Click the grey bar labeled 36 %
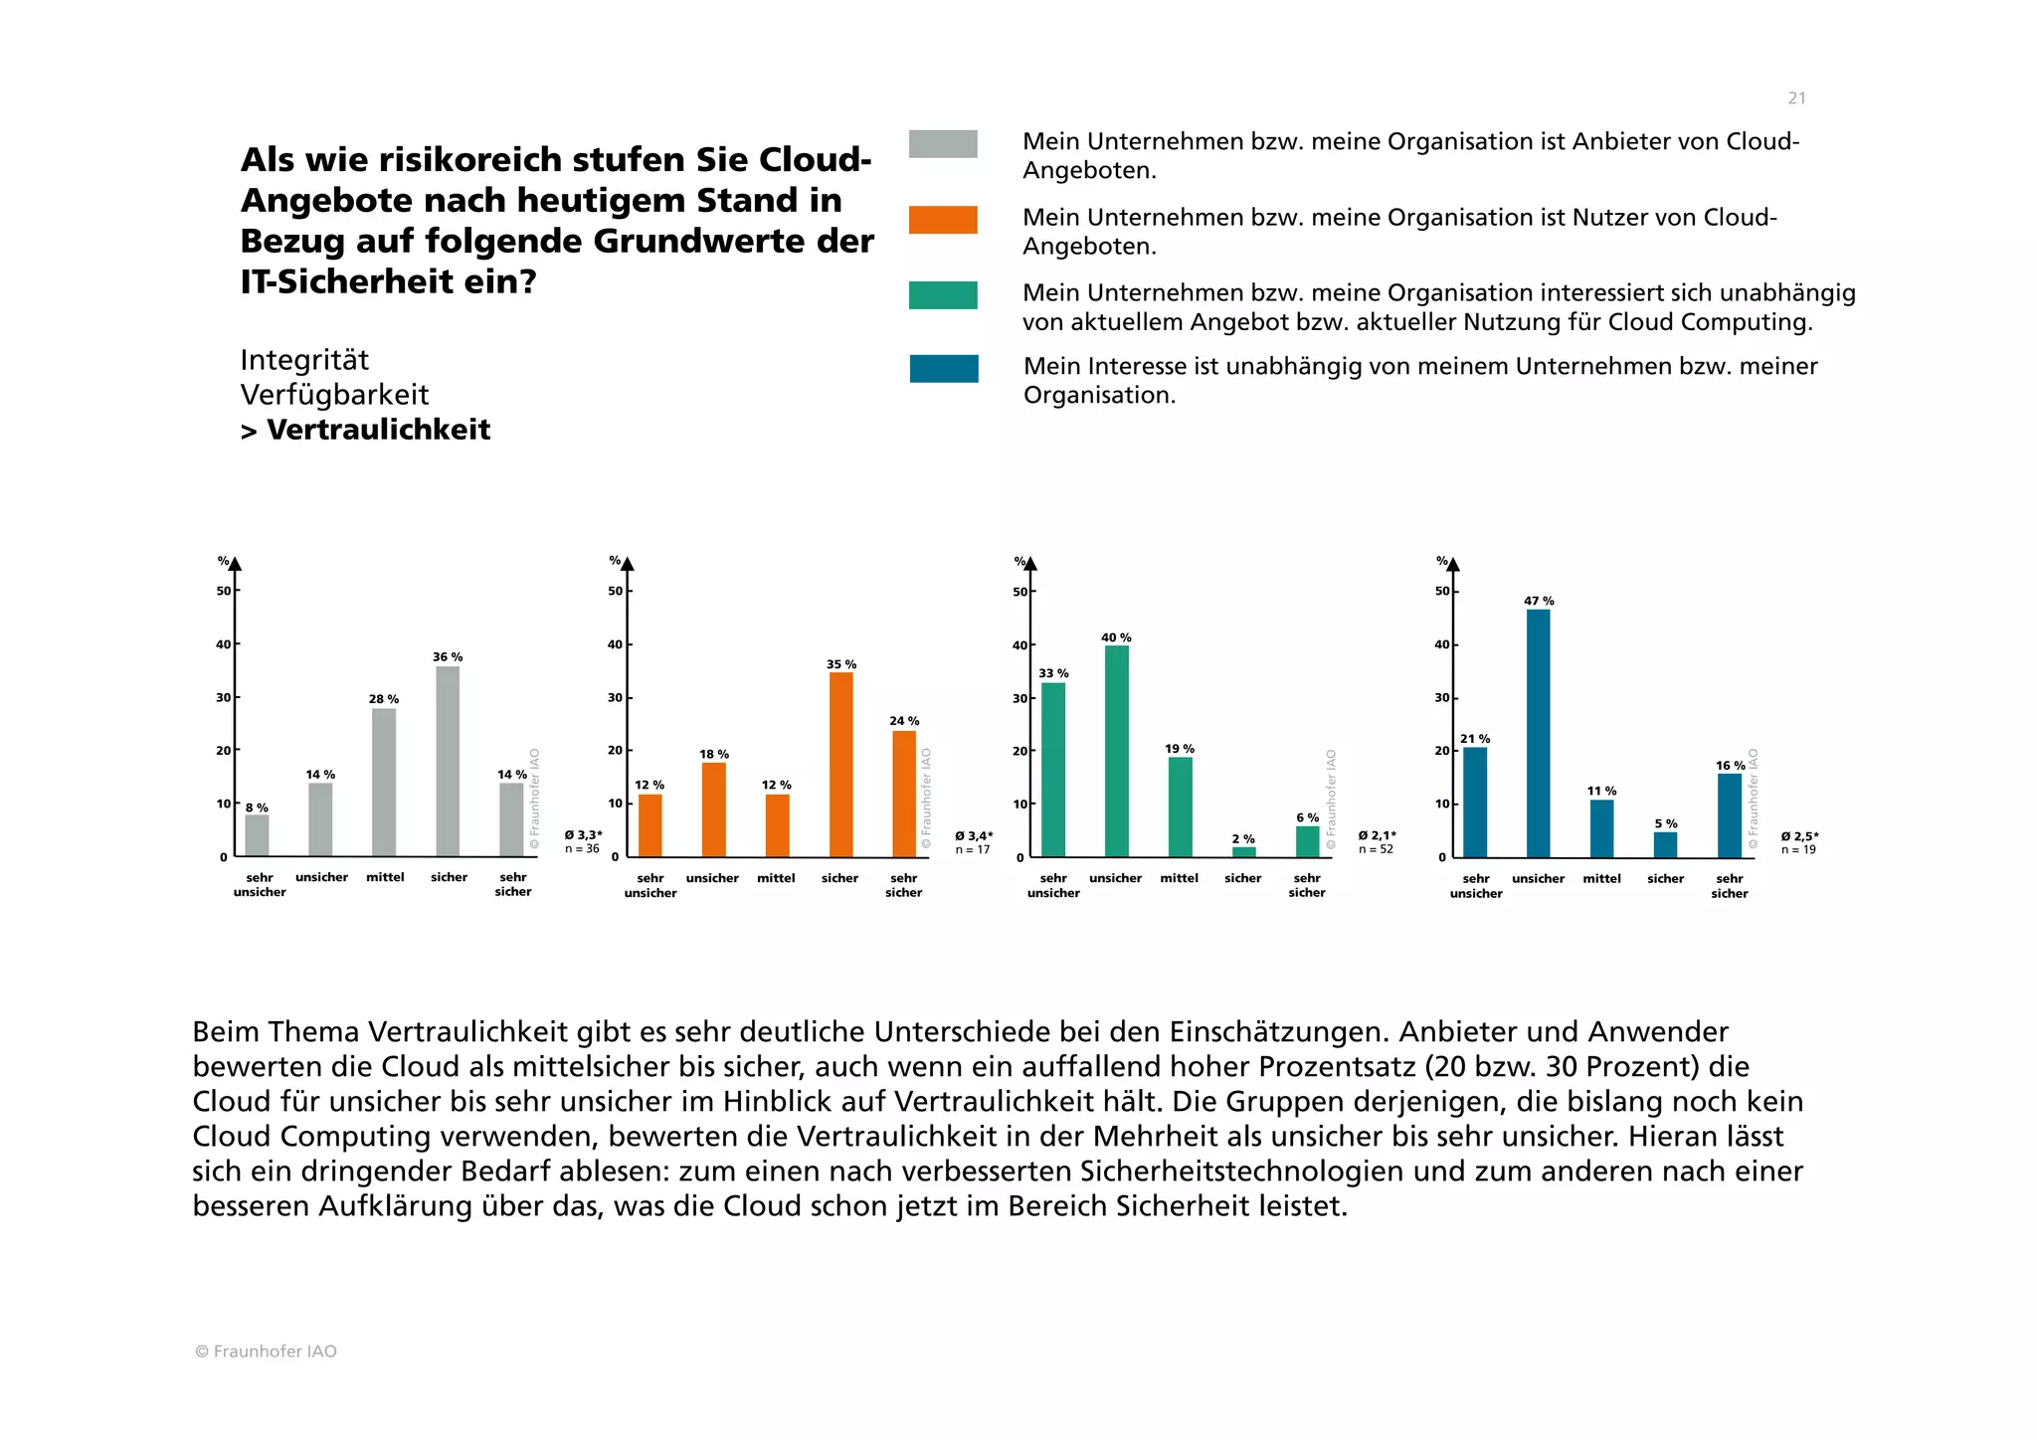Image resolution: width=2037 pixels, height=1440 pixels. pos(448,761)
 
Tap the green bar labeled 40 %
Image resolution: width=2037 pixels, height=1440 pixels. pos(1116,751)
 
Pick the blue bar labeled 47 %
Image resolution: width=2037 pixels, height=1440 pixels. pos(1538,733)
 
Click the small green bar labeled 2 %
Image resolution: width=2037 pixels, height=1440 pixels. pos(1243,852)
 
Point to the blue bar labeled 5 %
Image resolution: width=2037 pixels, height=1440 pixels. pos(1665,844)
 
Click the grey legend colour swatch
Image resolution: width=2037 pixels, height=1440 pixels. pos(943,144)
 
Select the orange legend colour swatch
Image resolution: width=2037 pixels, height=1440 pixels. pos(943,220)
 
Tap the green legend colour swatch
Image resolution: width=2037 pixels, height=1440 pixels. pos(943,295)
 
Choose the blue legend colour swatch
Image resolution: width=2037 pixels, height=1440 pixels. pos(943,369)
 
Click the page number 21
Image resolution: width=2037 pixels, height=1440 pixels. pos(1796,98)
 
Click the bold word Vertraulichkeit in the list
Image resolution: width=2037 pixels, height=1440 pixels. pos(378,430)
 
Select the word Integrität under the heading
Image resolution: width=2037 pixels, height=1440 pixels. pos(304,360)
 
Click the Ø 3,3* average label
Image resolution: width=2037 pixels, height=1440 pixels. pos(583,835)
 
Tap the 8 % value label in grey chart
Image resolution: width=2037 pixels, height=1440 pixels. pos(257,808)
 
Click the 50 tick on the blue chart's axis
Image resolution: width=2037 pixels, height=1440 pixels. pos(1441,591)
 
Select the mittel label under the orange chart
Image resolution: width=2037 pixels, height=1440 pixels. pos(776,878)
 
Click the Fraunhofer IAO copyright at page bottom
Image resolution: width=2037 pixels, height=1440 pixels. pos(266,1351)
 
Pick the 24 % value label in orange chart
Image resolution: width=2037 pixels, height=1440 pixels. pos(904,721)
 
